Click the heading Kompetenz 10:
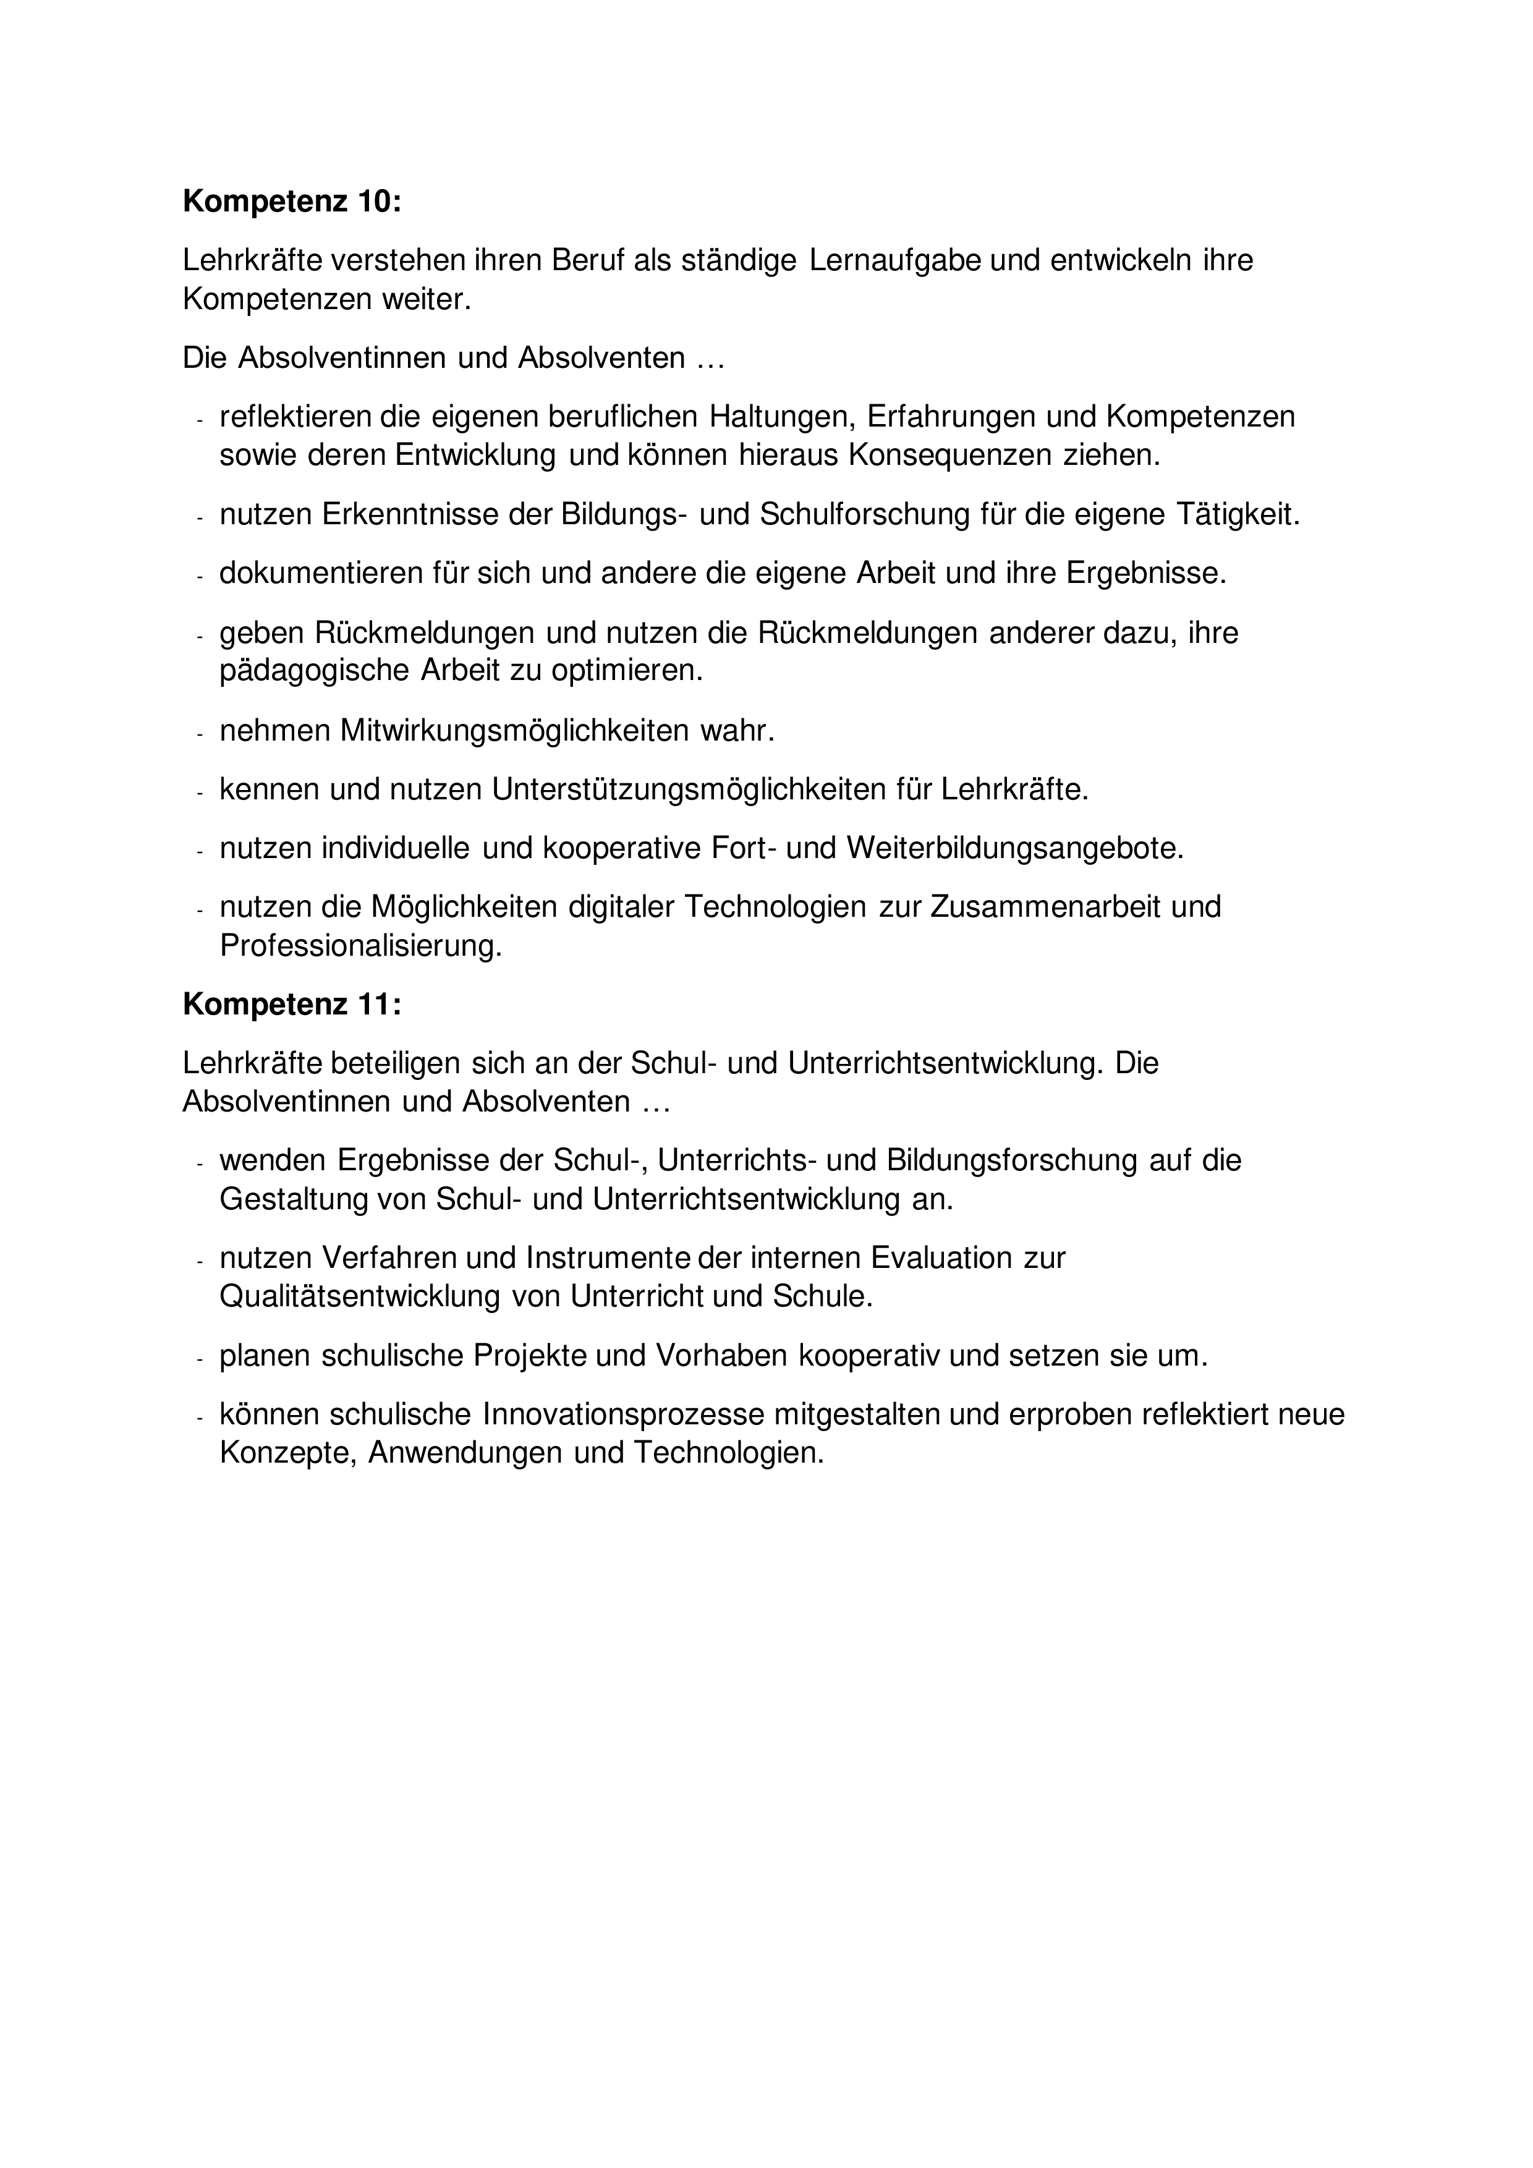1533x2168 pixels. (x=292, y=202)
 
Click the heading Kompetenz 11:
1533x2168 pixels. (x=292, y=1005)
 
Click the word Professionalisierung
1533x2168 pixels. (x=360, y=946)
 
